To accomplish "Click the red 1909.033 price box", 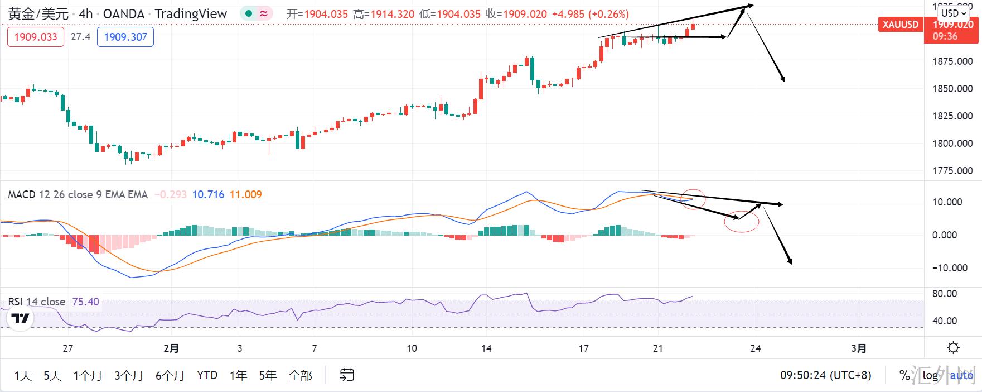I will point(36,37).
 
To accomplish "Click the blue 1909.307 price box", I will point(125,37).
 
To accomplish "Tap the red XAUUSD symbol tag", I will point(901,25).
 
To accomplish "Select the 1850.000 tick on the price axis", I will point(952,89).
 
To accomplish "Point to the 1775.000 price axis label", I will point(952,171).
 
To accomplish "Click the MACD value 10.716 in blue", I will point(208,194).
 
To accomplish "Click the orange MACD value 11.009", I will point(245,194).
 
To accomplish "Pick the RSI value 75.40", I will point(85,302).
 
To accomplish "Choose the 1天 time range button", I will point(23,375).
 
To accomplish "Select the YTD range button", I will point(207,375).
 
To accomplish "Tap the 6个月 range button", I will point(170,375).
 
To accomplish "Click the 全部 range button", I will point(300,375).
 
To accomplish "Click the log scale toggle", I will point(930,375).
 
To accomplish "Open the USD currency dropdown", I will point(954,13).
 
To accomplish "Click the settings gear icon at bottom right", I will point(953,348).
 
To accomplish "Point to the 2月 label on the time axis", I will point(171,348).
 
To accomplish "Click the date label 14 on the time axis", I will point(486,348).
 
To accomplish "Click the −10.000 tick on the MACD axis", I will point(952,268).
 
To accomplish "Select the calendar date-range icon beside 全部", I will point(347,375).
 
